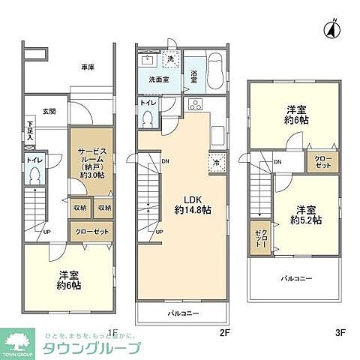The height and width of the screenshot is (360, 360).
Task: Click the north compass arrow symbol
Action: coord(329,29)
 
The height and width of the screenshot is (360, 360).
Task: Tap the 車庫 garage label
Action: coord(88,67)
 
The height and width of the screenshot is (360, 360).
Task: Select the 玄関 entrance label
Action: coord(49,112)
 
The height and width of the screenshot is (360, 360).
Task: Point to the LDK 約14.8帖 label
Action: coord(192,204)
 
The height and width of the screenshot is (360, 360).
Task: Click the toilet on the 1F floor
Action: coord(34,173)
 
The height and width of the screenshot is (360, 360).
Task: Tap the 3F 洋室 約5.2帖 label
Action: coord(307,214)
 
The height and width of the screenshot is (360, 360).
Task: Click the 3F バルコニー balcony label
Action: coord(296,278)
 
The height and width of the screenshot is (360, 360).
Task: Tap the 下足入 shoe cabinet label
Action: coord(30,130)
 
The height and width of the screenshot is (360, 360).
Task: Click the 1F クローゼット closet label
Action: coord(91,232)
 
